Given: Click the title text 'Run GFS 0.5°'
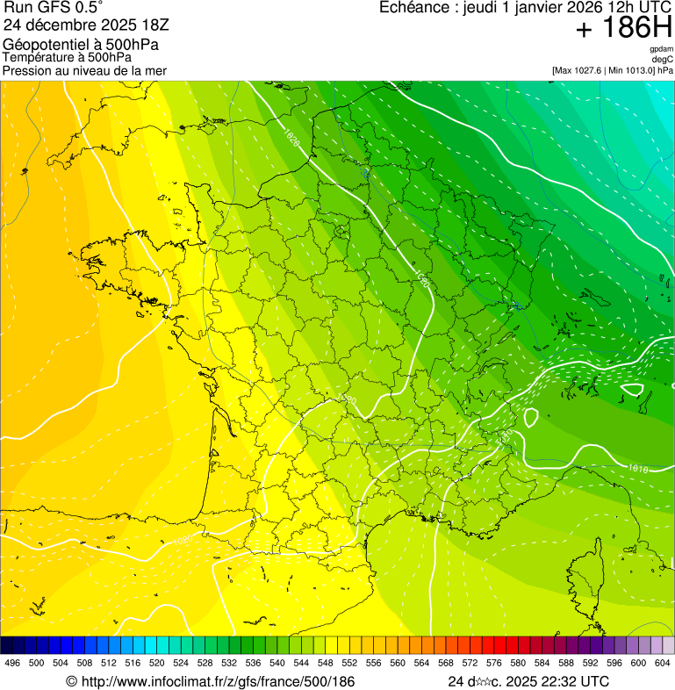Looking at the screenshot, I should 53,8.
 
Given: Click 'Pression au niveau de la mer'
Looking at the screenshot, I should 85,70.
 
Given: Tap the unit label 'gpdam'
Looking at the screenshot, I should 661,49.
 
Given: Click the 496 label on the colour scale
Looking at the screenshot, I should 12,663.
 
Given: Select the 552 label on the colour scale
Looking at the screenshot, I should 348,663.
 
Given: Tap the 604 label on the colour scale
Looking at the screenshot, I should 661,663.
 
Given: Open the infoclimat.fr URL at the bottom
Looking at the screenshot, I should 210,681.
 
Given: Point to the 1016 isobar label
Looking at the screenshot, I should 638,470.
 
